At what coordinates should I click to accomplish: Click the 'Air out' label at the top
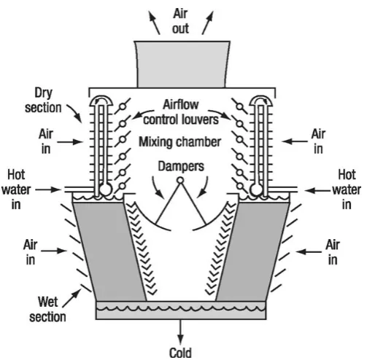click(x=180, y=21)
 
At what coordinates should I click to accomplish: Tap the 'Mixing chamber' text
click(x=179, y=142)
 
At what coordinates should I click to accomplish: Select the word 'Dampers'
click(x=181, y=167)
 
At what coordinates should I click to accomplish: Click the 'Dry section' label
click(x=43, y=101)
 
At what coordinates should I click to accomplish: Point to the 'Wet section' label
click(x=47, y=309)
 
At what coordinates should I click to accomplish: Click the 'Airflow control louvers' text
click(x=181, y=112)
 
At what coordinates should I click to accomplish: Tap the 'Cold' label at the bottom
click(x=180, y=353)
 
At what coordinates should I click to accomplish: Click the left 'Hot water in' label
click(x=16, y=189)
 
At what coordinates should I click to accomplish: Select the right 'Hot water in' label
click(x=347, y=189)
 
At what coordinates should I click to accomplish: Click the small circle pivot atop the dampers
click(x=180, y=180)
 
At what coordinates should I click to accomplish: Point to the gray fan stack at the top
click(x=182, y=64)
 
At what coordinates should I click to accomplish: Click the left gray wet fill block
click(x=109, y=251)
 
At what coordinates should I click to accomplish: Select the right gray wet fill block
click(x=252, y=251)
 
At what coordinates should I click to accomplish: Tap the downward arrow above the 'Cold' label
click(x=180, y=332)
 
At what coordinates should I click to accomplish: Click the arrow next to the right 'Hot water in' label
click(x=318, y=191)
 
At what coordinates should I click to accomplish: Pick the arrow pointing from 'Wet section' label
click(x=72, y=297)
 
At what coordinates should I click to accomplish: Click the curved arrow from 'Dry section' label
click(x=75, y=113)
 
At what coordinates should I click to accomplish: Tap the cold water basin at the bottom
click(x=181, y=310)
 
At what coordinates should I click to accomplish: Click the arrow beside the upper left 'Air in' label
click(x=70, y=142)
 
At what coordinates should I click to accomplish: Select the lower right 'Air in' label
click(x=333, y=252)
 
